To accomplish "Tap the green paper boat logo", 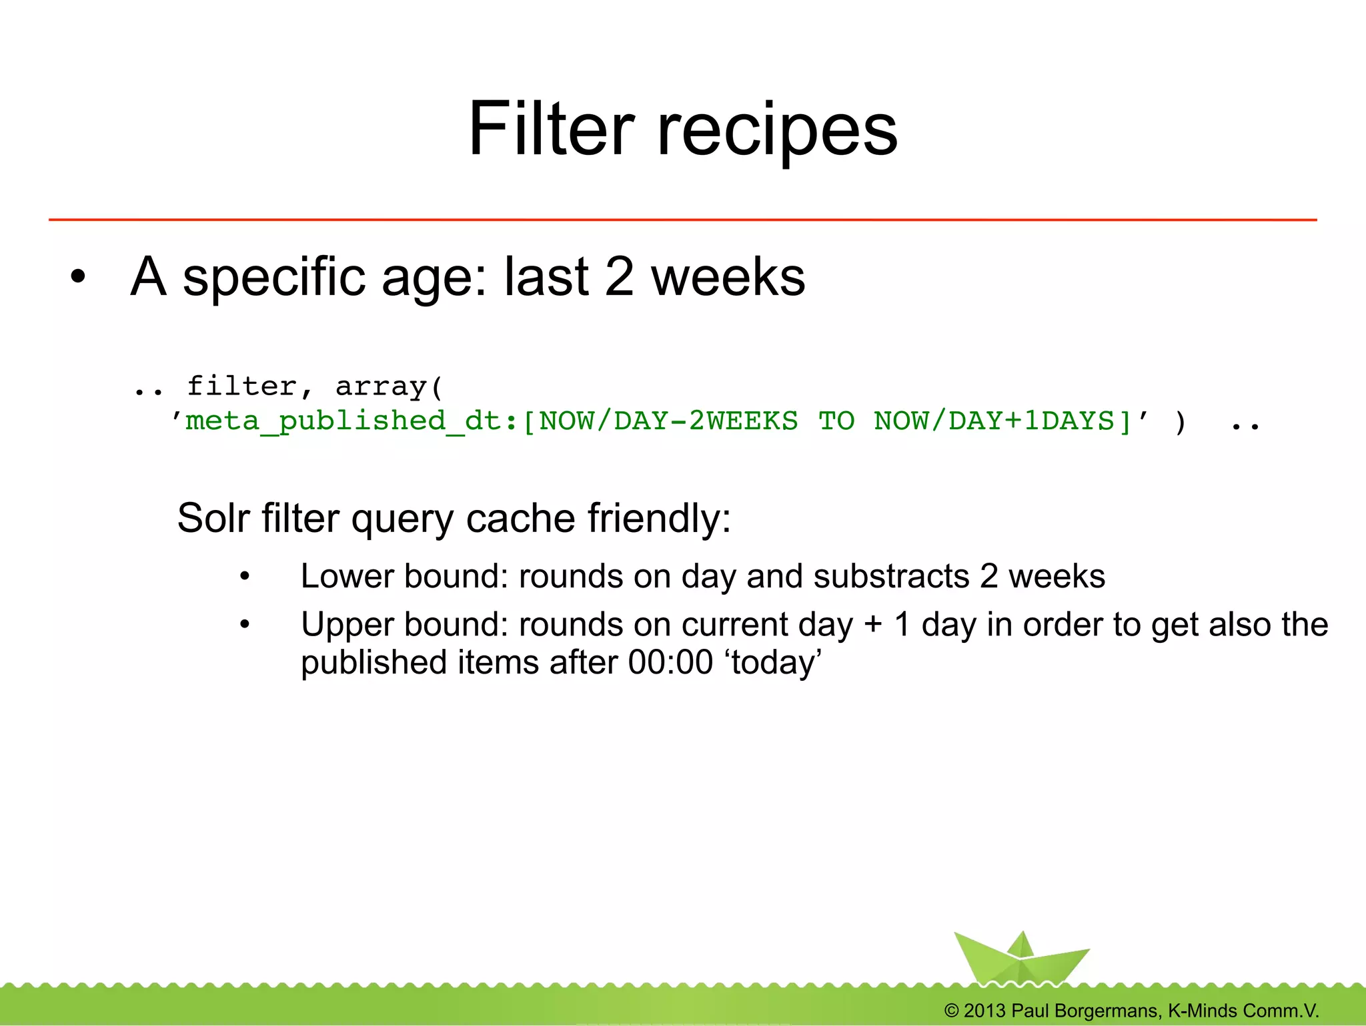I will coord(1020,959).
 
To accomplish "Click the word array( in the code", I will coord(389,387).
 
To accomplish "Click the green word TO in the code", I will coord(836,421).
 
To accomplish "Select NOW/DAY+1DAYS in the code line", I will coord(1002,421).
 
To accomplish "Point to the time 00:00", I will coord(670,662).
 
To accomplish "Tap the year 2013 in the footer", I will coord(984,1011).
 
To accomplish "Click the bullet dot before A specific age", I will coord(78,277).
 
